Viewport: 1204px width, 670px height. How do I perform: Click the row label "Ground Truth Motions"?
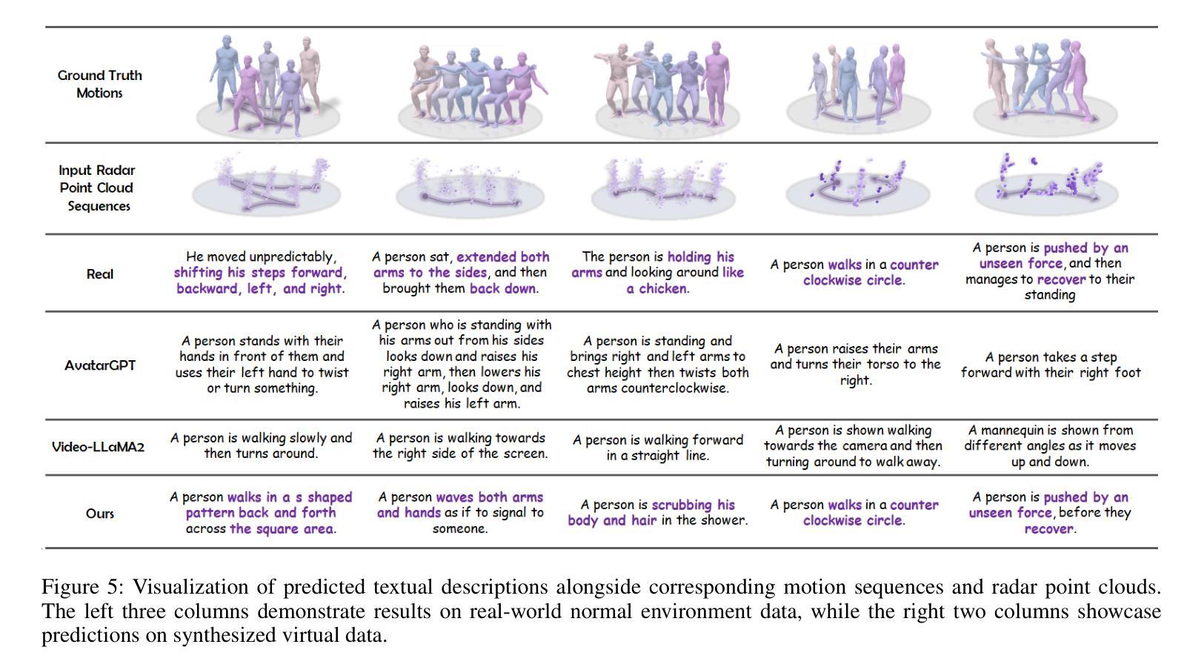point(99,84)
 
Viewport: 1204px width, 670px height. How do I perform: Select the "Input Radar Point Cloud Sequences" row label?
point(97,188)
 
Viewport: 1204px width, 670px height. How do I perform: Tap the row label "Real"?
point(100,273)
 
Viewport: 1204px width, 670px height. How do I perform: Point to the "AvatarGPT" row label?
point(100,365)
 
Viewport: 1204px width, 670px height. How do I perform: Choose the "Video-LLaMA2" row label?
point(98,446)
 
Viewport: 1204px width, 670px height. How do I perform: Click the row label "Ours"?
point(100,513)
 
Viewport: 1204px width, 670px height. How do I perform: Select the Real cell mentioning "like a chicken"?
point(657,273)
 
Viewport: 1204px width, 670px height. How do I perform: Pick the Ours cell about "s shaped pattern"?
point(261,513)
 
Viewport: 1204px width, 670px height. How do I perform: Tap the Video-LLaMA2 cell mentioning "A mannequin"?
point(1050,445)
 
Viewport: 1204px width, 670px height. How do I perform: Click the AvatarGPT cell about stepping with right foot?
point(1051,365)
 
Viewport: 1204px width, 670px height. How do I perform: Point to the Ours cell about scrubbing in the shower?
point(657,512)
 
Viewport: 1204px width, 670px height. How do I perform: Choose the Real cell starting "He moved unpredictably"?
point(261,273)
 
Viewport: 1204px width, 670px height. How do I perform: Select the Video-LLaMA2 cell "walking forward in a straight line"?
point(657,447)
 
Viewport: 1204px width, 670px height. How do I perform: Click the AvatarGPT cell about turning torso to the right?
point(855,364)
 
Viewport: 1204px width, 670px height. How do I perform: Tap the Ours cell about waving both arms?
point(460,512)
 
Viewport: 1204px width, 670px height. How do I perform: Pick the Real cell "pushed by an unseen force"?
point(1049,271)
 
